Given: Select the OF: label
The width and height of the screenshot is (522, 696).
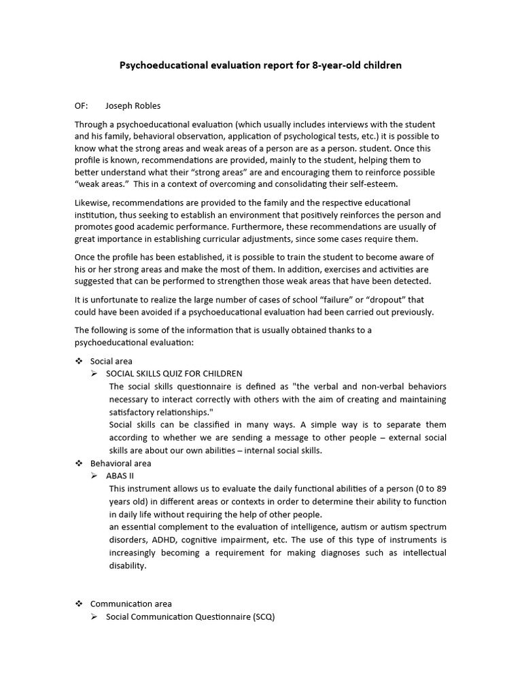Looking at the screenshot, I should pos(82,106).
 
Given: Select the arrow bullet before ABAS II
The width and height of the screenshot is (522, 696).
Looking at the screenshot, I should pos(95,476).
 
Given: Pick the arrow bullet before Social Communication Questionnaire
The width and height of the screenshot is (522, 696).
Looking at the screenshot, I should pos(95,616).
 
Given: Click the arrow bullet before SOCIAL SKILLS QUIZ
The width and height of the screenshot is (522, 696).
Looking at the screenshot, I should pos(95,374).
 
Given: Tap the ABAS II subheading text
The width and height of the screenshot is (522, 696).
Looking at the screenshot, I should pos(120,476).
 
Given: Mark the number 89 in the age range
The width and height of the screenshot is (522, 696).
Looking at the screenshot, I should pos(440,489).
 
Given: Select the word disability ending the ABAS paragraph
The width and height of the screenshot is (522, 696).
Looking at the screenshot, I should pos(127,565).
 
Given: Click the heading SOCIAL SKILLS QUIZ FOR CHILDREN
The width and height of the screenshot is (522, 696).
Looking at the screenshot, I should pos(174,374).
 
